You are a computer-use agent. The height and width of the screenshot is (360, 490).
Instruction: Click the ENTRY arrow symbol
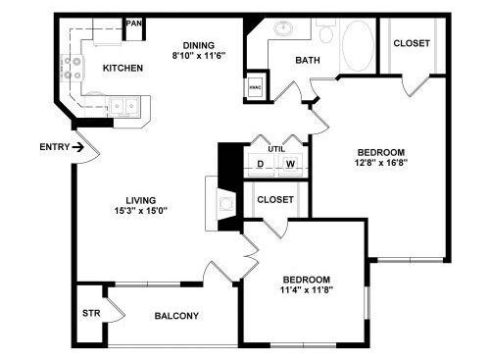[77, 147]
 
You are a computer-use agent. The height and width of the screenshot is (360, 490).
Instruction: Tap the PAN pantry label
[134, 24]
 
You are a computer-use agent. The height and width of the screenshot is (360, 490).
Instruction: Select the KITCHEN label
[122, 68]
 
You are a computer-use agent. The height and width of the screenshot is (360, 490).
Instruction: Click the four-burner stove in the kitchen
[73, 68]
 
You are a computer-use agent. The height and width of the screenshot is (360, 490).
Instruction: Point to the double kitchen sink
[123, 106]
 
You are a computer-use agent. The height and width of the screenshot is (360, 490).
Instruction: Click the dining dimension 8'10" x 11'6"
[199, 56]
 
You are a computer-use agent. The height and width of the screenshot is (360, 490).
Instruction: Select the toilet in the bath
[326, 31]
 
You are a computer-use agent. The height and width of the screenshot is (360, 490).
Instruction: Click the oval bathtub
[358, 46]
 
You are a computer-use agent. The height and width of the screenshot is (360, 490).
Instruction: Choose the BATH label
[308, 60]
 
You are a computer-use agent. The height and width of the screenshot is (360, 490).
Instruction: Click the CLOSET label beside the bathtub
[412, 43]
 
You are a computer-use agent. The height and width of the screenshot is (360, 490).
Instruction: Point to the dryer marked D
[261, 164]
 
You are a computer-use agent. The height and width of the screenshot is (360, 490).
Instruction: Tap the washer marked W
[290, 164]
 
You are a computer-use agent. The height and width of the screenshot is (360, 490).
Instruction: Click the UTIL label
[276, 149]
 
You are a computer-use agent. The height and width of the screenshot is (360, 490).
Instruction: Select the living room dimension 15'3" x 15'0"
[141, 211]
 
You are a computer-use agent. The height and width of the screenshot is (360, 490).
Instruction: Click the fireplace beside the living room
[225, 203]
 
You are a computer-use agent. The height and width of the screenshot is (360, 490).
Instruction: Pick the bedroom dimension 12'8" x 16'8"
[381, 163]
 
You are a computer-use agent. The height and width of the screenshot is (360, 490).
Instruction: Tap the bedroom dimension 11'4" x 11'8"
[307, 289]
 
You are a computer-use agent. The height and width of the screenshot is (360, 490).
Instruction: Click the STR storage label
[91, 313]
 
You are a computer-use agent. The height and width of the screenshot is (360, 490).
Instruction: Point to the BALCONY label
[176, 316]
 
